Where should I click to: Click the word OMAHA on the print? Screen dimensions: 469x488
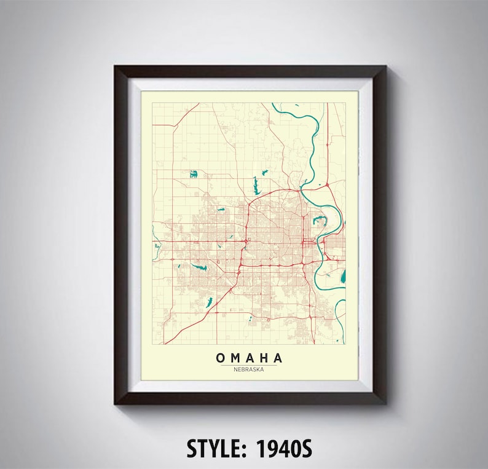249,358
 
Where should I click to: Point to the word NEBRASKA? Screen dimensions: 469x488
249,369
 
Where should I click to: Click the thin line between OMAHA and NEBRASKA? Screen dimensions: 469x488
249,365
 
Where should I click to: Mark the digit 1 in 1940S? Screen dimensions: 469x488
269,449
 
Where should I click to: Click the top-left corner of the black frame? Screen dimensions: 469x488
115,66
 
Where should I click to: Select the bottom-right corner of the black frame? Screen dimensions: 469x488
386,403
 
